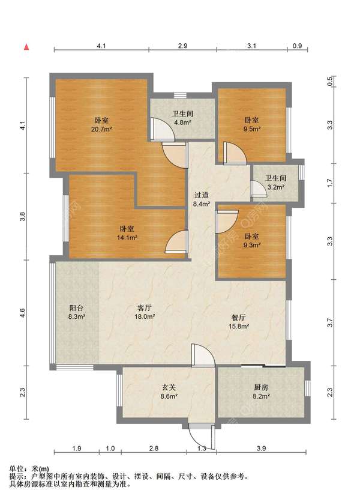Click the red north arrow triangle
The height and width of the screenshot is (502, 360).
[26, 47]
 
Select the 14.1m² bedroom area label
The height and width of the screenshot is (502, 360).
[127, 233]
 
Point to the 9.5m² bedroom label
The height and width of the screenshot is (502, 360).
[252, 124]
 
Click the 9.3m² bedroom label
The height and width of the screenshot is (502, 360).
[252, 240]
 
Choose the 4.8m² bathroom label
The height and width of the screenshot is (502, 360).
[183, 118]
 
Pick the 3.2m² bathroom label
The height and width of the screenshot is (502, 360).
[275, 183]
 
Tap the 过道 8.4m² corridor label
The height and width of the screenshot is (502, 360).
[202, 199]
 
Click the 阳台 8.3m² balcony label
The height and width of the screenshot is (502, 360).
[76, 312]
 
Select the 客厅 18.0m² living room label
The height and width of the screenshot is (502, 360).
[145, 312]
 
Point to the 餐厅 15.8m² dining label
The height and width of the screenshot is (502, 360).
[239, 322]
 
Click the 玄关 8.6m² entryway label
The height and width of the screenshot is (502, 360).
[169, 392]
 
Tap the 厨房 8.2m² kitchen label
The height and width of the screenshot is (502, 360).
[261, 392]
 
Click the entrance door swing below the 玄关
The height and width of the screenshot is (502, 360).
[202, 436]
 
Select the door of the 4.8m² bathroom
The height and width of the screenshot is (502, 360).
[162, 130]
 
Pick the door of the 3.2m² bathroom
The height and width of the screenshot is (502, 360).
[259, 189]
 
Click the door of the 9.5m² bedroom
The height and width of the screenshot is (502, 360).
[235, 153]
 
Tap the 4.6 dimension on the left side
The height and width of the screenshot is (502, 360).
[22, 313]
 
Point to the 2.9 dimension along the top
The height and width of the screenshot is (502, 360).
[183, 46]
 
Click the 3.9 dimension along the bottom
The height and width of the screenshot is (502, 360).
[261, 448]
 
